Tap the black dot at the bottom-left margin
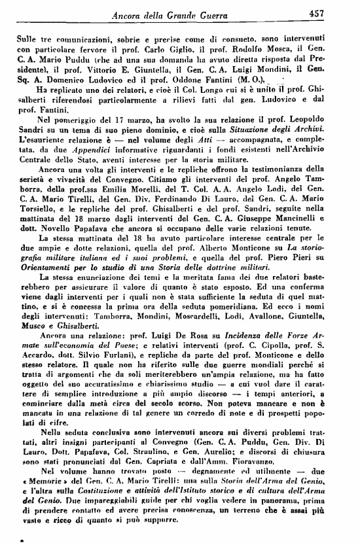(x=5, y=538)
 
